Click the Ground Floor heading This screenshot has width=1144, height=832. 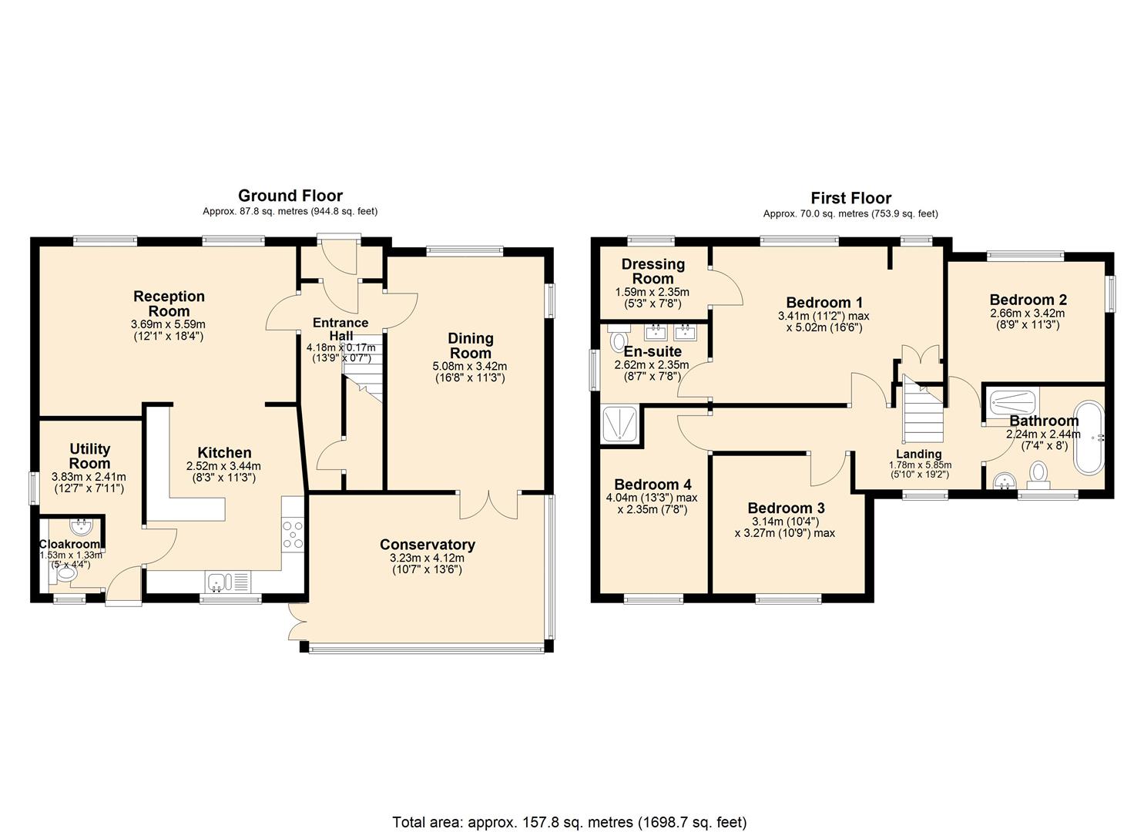[290, 196]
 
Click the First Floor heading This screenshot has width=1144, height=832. [850, 198]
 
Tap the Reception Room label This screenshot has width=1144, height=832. [169, 304]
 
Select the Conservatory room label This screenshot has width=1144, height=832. [427, 545]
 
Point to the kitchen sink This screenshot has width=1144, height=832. [219, 581]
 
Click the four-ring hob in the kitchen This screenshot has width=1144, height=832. [293, 535]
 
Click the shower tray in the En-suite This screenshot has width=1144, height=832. [620, 424]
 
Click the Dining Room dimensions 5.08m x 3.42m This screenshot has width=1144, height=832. [470, 366]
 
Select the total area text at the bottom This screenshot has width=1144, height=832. [569, 822]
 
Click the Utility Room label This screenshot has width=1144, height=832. [90, 456]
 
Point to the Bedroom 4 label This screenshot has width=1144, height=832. [653, 485]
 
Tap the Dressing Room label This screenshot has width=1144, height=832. [653, 271]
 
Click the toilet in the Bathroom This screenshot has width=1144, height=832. [1038, 473]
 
